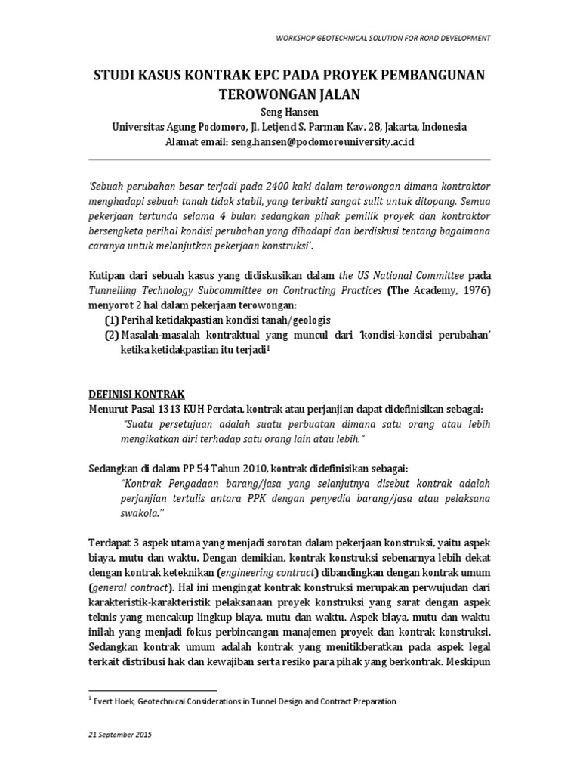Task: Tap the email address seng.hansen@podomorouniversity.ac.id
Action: (324, 141)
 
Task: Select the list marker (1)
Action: (111, 320)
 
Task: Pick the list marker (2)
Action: (111, 335)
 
